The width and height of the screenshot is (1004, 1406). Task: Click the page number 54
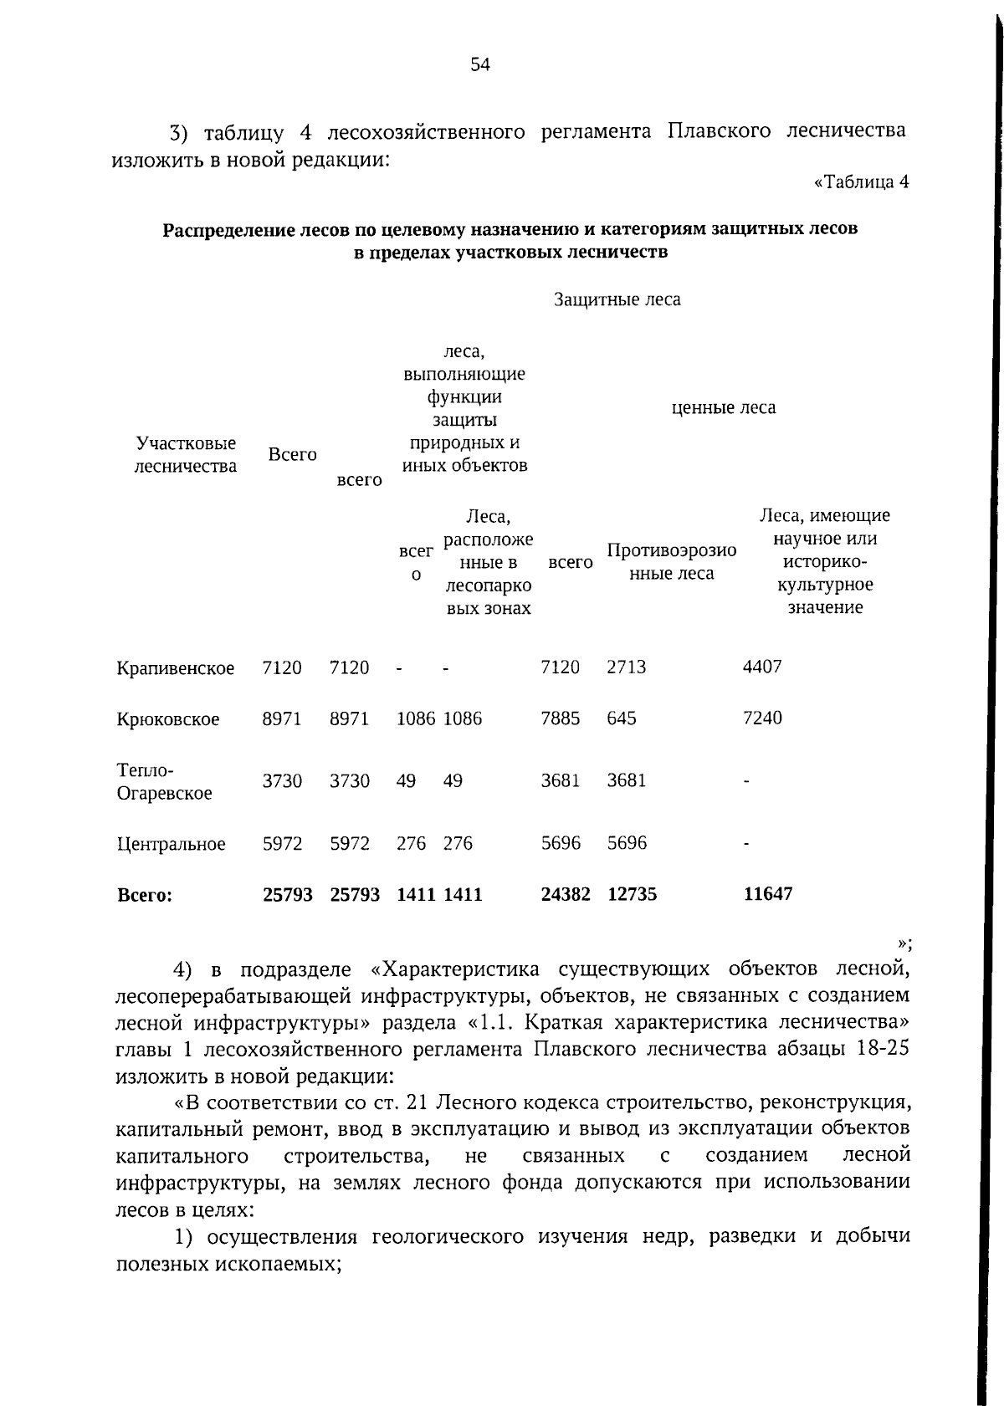[x=479, y=65]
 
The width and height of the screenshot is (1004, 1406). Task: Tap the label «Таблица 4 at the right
[x=861, y=182]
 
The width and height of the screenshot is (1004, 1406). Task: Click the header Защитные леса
[x=617, y=299]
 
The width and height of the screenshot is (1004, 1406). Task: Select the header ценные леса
[x=724, y=407]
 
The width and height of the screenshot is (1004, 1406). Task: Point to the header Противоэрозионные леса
[x=671, y=561]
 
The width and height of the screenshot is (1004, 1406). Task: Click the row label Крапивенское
[x=176, y=668]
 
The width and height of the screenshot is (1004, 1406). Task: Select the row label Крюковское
[x=168, y=719]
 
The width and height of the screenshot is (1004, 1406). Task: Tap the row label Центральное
[x=171, y=844]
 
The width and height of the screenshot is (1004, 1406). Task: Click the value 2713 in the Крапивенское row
[x=626, y=667]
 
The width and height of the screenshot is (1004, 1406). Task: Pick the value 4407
[x=762, y=667]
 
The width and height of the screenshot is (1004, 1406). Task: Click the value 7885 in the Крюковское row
[x=560, y=718]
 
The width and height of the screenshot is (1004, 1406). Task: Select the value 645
[x=622, y=718]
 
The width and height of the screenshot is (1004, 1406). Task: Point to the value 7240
[x=762, y=718]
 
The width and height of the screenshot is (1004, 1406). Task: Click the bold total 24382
[x=566, y=894]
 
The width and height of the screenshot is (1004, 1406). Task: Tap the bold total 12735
[x=632, y=894]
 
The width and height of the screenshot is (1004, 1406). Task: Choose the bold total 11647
[x=767, y=894]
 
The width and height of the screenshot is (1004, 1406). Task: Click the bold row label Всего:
[x=145, y=895]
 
